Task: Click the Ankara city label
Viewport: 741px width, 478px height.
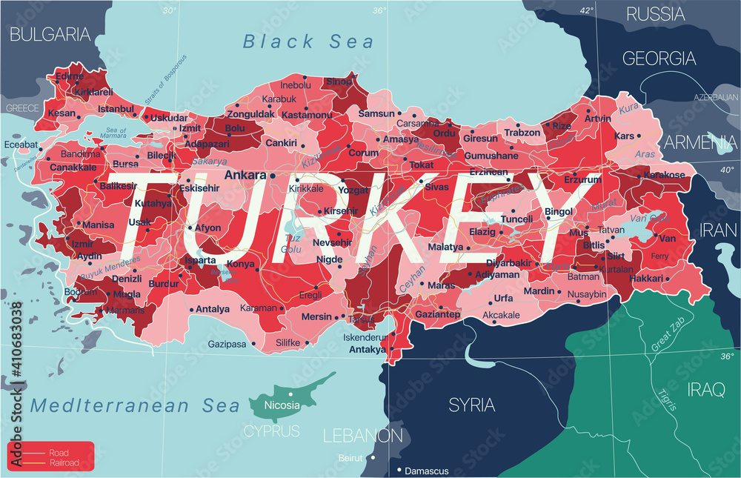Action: coord(245,176)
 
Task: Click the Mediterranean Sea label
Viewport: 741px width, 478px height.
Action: coord(136,405)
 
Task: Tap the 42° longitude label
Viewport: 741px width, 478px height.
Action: coord(586,10)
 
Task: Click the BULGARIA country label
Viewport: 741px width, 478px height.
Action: coord(50,33)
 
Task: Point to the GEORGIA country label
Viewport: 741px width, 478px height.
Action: coord(659,59)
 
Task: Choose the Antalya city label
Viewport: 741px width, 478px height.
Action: coord(213,309)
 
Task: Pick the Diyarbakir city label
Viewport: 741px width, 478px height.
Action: coord(508,263)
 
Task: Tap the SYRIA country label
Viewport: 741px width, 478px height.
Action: coord(472,405)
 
